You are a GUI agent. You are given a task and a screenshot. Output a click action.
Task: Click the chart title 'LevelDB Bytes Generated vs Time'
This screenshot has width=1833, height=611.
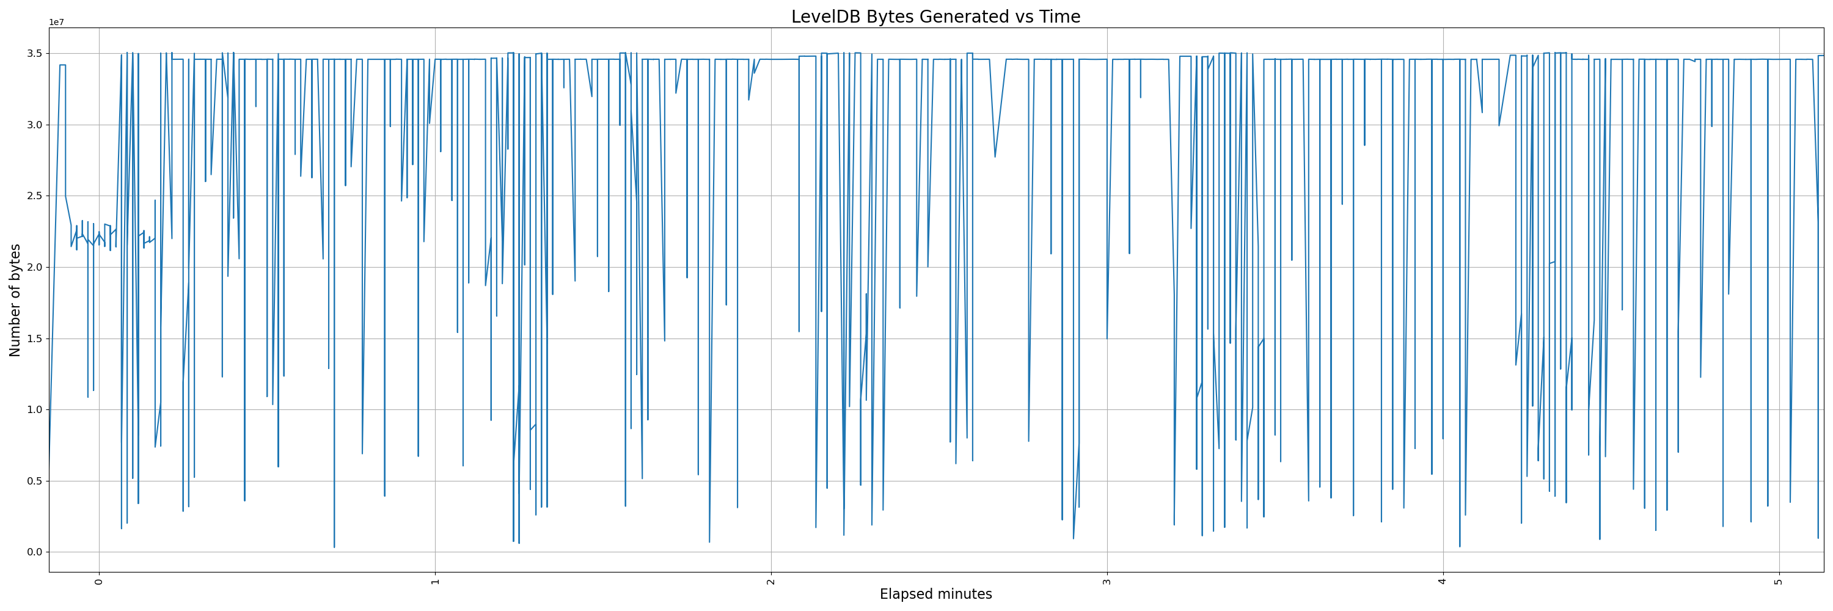click(x=935, y=16)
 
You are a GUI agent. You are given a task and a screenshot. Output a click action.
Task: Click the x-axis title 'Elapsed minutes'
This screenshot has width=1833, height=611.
click(x=935, y=594)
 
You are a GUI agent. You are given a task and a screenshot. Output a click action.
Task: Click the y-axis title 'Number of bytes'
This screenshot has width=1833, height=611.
click(x=15, y=299)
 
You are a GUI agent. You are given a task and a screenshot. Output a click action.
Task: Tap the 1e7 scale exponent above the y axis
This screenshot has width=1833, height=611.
click(x=56, y=22)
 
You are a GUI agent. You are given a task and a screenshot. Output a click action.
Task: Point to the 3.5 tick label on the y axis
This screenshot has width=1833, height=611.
click(x=35, y=53)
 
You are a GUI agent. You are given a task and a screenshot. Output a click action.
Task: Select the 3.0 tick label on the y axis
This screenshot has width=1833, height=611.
click(x=35, y=125)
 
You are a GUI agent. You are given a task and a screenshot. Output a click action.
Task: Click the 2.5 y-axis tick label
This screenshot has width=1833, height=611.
click(x=35, y=196)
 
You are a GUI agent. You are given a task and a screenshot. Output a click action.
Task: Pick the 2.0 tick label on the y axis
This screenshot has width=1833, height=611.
click(x=35, y=268)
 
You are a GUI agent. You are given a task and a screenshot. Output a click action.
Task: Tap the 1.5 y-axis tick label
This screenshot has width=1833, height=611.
click(x=35, y=338)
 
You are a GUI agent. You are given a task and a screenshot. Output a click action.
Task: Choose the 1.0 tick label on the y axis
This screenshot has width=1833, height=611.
click(x=35, y=410)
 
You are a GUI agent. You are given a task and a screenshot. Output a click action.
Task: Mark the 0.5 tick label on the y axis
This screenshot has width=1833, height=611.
click(x=35, y=481)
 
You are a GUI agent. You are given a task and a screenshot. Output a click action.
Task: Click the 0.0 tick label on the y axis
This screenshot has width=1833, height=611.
click(x=35, y=552)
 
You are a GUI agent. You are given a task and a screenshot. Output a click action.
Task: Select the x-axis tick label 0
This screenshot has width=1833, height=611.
click(x=99, y=581)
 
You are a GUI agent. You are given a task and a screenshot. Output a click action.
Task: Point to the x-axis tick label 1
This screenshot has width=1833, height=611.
click(x=435, y=581)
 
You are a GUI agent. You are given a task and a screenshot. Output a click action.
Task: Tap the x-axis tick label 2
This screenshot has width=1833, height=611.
click(x=770, y=581)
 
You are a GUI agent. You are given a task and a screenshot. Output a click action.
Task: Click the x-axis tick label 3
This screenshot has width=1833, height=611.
click(x=1107, y=581)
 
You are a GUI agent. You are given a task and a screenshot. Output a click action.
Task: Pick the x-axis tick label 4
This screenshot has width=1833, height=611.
click(x=1443, y=581)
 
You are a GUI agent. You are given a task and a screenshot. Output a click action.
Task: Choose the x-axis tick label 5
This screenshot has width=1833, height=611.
click(x=1778, y=581)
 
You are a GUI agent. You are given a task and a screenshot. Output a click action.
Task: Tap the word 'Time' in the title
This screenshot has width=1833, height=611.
click(x=1062, y=16)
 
